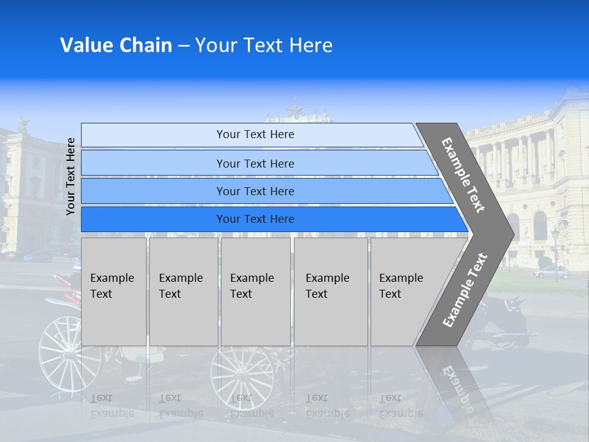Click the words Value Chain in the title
(x=116, y=45)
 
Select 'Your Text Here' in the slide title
(x=264, y=45)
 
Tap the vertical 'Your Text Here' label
(x=71, y=176)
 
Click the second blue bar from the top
(x=255, y=163)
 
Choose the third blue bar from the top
(x=255, y=191)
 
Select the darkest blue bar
(x=255, y=219)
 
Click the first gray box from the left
(x=114, y=292)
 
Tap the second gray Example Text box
(x=183, y=292)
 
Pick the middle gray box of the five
(x=255, y=292)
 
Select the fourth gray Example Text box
(x=331, y=292)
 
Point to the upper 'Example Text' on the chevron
(x=463, y=174)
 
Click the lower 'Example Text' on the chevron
(x=465, y=290)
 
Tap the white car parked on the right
(x=552, y=272)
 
